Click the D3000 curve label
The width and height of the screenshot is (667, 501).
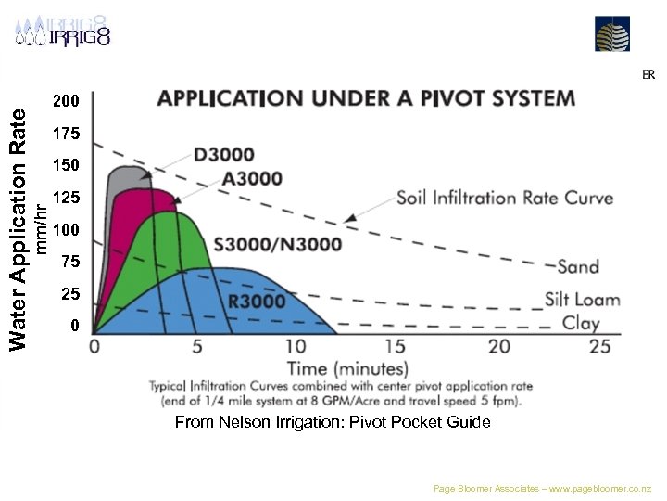pos(223,154)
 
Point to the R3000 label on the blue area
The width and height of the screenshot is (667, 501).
pos(257,302)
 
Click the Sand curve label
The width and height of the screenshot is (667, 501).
pos(578,266)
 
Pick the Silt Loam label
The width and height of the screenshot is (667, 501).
pos(582,300)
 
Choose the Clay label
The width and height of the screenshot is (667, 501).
pos(581,324)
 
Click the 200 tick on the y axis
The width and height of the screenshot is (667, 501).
pos(66,100)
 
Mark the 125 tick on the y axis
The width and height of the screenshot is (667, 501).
pos(66,198)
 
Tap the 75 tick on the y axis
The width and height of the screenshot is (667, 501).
pos(69,262)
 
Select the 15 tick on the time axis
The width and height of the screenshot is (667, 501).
pos(395,346)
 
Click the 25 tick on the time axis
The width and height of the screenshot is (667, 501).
pos(599,346)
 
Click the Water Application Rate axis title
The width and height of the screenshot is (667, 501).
pos(19,228)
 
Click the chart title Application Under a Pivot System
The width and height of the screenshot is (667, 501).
pos(366,98)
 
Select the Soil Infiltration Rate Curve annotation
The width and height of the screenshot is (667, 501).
pos(505,198)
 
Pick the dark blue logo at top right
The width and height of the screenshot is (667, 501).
pos(612,34)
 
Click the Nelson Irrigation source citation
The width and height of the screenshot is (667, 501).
pos(333,422)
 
